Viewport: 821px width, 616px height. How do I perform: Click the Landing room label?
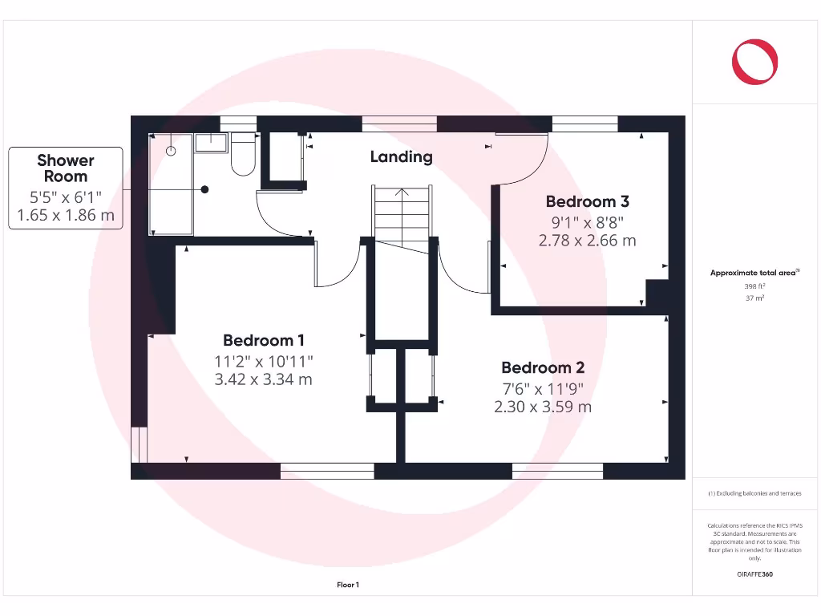[401, 157]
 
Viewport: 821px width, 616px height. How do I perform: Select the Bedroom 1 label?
[263, 340]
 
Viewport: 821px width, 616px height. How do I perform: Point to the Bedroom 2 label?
[543, 368]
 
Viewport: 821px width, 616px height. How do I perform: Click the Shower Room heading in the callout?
[66, 168]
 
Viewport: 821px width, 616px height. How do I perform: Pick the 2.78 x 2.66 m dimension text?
[588, 240]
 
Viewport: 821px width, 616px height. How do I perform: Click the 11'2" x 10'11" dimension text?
[263, 361]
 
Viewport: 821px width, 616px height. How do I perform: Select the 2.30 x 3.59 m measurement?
[543, 407]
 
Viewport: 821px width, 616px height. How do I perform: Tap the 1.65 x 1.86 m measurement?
[66, 215]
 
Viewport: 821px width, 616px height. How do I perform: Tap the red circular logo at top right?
[754, 63]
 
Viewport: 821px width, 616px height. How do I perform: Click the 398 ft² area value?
[754, 286]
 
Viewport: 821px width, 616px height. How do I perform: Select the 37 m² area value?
[754, 298]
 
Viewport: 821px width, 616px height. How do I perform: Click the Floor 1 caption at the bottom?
[348, 586]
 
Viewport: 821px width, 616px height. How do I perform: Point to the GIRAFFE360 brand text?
[754, 574]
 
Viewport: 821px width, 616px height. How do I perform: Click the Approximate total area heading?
[754, 274]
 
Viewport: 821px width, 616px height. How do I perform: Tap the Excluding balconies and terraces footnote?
[754, 493]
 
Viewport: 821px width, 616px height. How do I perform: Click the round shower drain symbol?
[171, 150]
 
